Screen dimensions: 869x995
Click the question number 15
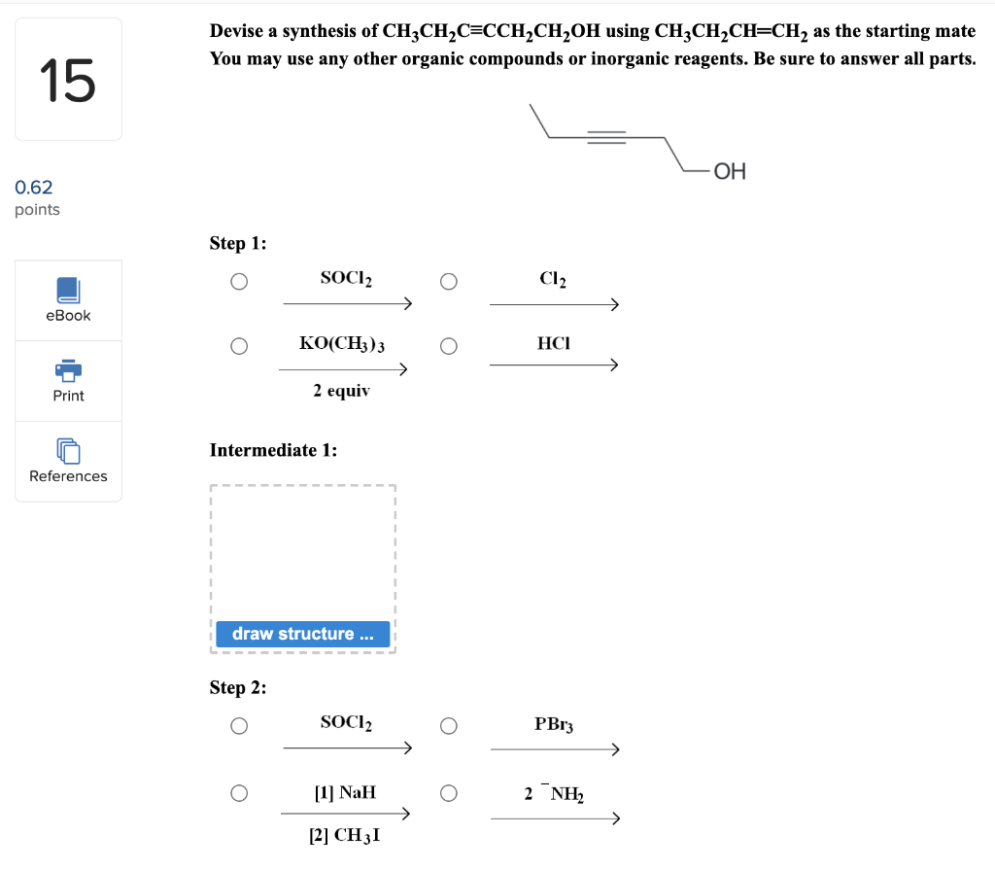68,80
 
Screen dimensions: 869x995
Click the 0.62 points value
34,187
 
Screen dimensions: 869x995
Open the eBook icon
68,290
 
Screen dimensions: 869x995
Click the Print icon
68,370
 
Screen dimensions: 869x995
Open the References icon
68,451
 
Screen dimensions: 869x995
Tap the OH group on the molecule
730,172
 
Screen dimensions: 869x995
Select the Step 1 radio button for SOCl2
239,282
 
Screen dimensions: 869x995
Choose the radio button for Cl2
448,282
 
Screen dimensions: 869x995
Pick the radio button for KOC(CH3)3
239,346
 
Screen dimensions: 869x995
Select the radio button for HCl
448,346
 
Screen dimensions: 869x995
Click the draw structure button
302,634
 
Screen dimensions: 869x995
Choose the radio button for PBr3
448,726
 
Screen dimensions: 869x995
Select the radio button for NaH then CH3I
239,793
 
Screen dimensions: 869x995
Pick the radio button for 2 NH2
448,793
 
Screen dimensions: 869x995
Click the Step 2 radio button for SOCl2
239,726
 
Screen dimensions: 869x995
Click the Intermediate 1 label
273,450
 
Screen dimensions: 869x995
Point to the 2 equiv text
341,391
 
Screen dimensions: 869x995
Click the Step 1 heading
238,243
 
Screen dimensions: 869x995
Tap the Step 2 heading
238,687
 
